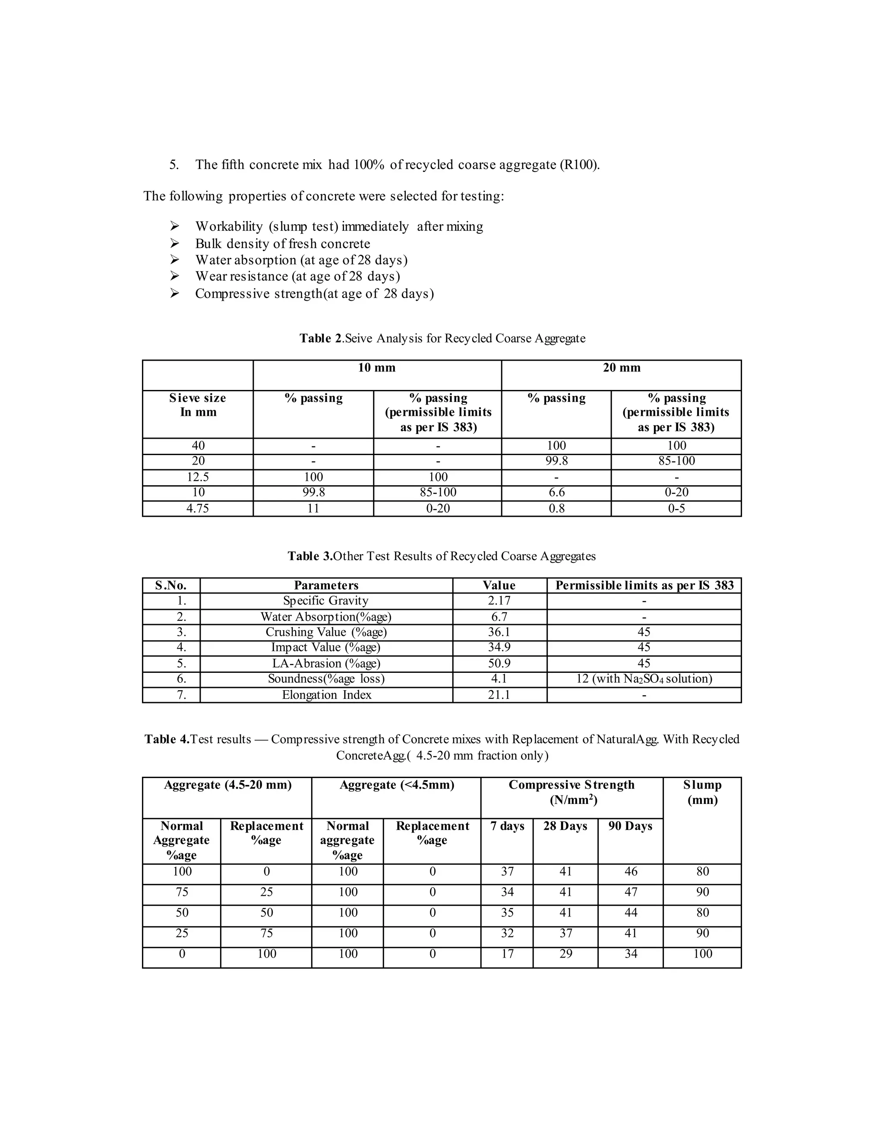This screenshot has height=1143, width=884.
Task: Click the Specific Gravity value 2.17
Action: click(x=499, y=601)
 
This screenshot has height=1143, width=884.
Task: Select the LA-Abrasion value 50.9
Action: click(x=499, y=664)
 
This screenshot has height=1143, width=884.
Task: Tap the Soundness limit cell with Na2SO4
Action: click(x=644, y=679)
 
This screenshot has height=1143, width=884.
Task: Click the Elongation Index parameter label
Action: click(x=326, y=695)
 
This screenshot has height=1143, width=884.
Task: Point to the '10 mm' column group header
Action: click(x=376, y=368)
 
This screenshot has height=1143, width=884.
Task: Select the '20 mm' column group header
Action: click(x=621, y=368)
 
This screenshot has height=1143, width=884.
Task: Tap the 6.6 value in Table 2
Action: click(x=556, y=493)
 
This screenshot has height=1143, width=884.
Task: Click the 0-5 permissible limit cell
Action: click(x=676, y=508)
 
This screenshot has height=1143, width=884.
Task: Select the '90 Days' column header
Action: click(x=630, y=826)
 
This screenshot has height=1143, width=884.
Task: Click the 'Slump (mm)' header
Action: click(x=702, y=792)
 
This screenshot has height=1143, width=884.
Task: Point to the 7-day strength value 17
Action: click(x=507, y=954)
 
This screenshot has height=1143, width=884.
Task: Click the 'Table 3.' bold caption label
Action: click(x=310, y=556)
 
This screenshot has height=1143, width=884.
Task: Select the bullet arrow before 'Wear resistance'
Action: click(x=174, y=276)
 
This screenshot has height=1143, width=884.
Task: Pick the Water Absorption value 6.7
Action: click(x=499, y=616)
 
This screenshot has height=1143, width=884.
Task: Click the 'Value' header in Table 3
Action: click(x=499, y=585)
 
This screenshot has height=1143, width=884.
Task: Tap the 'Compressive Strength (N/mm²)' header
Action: click(x=571, y=792)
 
